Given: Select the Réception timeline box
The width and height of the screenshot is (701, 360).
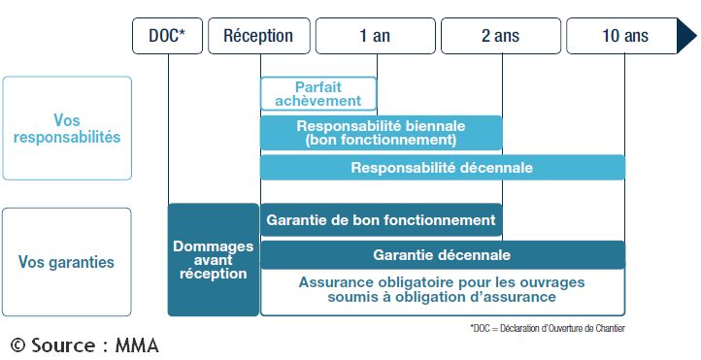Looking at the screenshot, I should (258, 36).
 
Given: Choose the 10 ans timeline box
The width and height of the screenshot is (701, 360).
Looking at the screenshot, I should (623, 36).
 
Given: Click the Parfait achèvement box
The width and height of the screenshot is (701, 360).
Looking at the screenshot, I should (318, 94).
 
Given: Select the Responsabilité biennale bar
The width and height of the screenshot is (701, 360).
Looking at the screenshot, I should (381, 133).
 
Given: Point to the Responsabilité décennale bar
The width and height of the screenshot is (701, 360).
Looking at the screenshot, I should (442, 168).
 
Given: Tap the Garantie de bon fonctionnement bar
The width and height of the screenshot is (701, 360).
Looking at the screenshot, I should (381, 220).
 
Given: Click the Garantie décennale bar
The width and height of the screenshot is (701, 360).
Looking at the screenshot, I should (442, 255).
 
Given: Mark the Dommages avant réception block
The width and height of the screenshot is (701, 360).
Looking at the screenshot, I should (213, 260).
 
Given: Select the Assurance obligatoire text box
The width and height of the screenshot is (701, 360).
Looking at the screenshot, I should (442, 290).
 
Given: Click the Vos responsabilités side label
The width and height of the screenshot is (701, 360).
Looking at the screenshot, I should (67, 129).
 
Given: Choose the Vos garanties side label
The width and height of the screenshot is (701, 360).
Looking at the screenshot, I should (67, 262).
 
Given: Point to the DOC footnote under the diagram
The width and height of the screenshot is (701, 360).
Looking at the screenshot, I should (547, 328).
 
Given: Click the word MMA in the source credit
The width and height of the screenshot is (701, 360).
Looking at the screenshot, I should (137, 345).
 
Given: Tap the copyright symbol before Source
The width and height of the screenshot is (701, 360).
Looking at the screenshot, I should (17, 345).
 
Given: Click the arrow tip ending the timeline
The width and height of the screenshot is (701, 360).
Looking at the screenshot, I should (688, 36).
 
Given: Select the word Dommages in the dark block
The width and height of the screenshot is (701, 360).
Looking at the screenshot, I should (213, 246).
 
